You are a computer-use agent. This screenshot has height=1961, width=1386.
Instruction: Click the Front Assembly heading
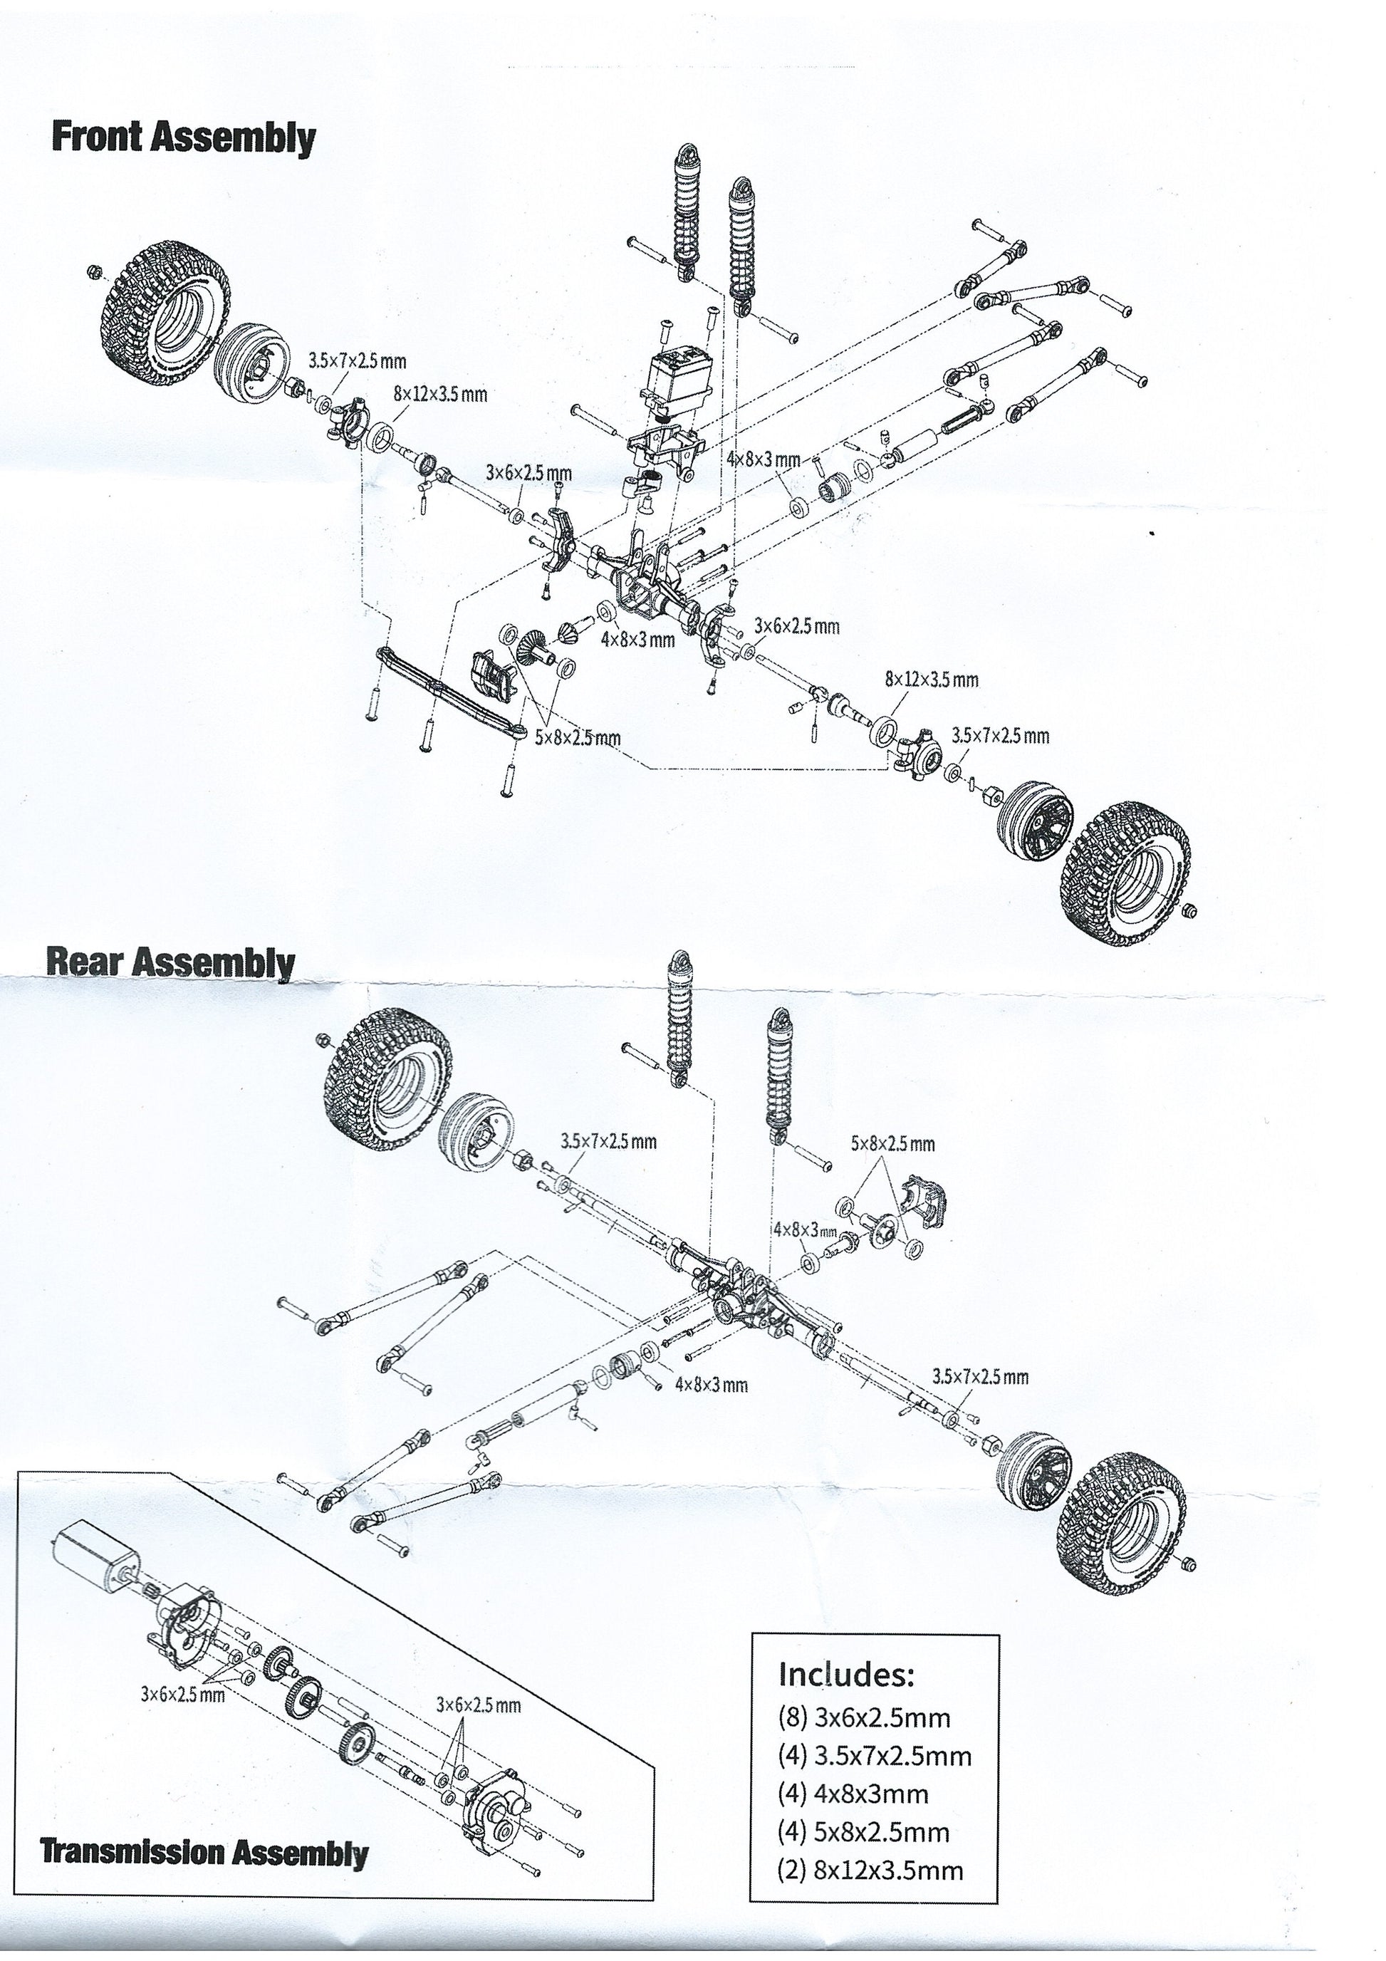click(183, 137)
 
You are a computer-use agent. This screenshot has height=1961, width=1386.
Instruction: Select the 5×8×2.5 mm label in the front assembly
click(578, 737)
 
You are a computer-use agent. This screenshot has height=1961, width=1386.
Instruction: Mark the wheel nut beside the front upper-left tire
click(95, 271)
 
